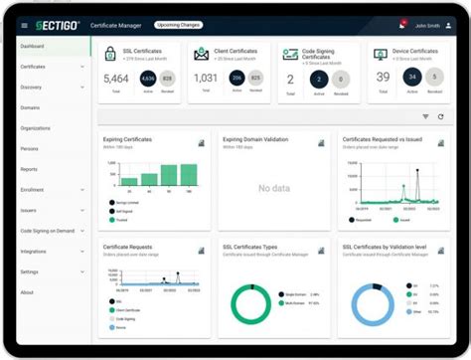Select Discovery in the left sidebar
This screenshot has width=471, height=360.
[x=32, y=87]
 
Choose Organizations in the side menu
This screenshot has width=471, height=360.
[x=36, y=127]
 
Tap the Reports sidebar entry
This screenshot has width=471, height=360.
[x=30, y=169]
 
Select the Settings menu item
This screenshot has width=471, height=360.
[x=30, y=271]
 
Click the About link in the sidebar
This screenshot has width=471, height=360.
[x=27, y=292]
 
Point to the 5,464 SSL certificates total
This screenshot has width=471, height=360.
[x=115, y=77]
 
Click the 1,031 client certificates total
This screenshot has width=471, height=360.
[x=205, y=77]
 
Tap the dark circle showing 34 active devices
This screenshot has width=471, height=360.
[x=410, y=77]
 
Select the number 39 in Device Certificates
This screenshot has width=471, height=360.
[x=383, y=77]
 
